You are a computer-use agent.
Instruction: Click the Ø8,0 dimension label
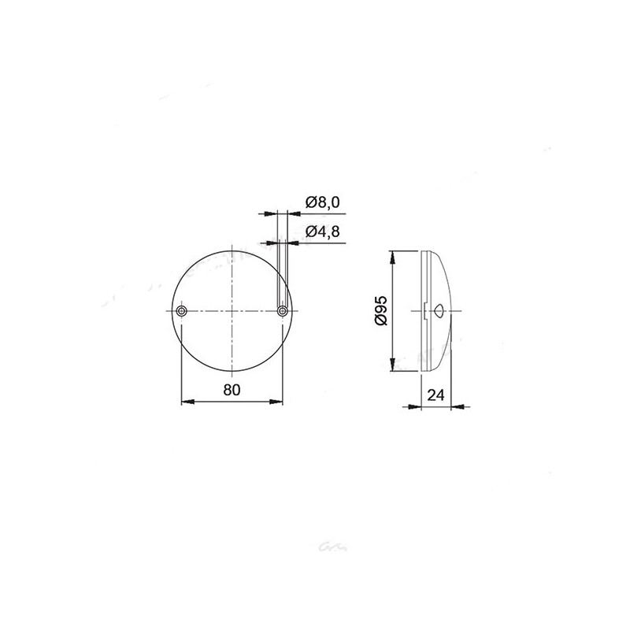pos(322,203)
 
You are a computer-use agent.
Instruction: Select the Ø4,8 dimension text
pos(322,232)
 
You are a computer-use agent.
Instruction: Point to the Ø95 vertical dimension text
pos(380,311)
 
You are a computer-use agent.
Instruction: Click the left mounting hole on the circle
pos(182,312)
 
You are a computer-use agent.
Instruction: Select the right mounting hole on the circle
pos(283,312)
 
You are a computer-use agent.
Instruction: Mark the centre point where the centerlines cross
pos(232,312)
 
